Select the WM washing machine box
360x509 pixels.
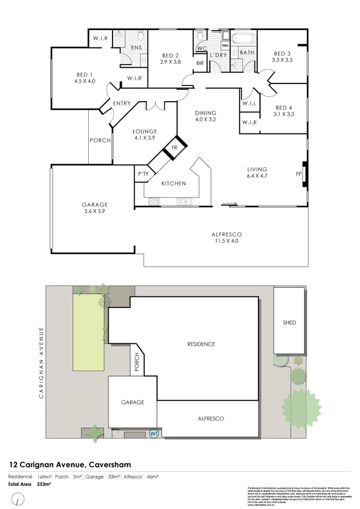(224, 46)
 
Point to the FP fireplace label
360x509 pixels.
(299, 174)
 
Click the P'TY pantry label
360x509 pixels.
(143, 174)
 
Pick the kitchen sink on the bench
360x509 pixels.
(184, 202)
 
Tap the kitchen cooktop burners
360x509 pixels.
(153, 202)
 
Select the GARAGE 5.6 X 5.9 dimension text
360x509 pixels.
(95, 211)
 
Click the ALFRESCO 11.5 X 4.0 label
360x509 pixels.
(226, 238)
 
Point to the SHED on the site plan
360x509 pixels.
(289, 323)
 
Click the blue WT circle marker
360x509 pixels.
(154, 433)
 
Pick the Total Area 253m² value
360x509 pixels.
(43, 484)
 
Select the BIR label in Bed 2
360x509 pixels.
(200, 62)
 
